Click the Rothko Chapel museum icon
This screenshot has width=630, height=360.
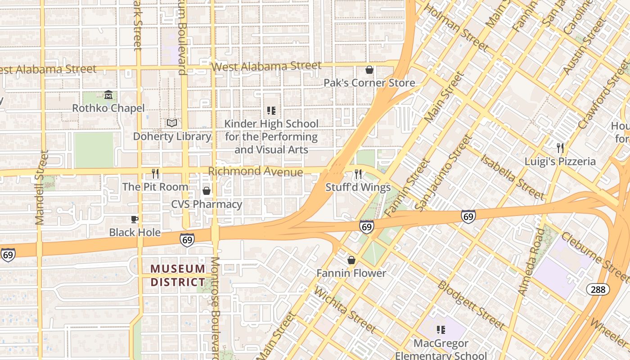tap(108, 95)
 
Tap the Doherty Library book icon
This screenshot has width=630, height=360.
tap(172, 123)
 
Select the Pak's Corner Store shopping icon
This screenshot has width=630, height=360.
tap(369, 70)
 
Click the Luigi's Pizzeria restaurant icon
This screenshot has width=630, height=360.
tap(560, 148)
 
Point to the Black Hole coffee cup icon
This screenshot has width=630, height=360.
tap(134, 219)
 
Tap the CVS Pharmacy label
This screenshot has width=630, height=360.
tap(207, 204)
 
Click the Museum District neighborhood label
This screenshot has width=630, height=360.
tap(178, 275)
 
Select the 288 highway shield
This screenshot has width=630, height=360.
tap(598, 289)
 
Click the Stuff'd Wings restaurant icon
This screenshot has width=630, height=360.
tap(358, 174)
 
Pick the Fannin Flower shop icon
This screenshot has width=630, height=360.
tap(351, 260)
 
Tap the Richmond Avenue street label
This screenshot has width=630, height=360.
tap(256, 171)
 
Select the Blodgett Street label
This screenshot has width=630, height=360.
tap(471, 305)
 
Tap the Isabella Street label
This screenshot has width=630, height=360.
tap(513, 176)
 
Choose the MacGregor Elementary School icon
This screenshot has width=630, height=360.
tap(441, 330)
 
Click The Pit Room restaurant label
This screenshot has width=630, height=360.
tap(155, 187)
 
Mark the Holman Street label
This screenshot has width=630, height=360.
tap(456, 27)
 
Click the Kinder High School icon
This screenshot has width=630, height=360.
tap(271, 110)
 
